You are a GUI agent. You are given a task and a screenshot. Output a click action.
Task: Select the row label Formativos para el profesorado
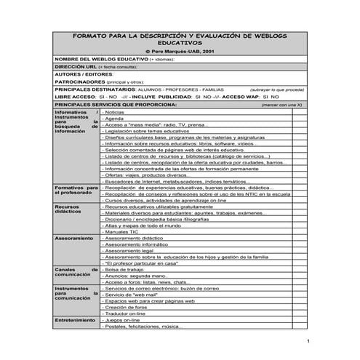tap(76, 191)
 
